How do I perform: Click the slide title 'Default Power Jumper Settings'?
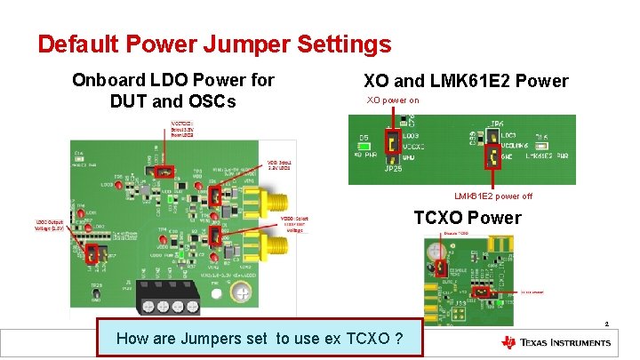[214, 44]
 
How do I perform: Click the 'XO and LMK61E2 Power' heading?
[466, 81]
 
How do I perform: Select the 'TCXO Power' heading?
[468, 218]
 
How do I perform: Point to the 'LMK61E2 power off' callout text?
[493, 196]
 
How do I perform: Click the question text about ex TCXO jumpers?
[260, 338]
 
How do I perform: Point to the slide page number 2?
[605, 324]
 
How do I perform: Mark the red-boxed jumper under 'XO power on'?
[391, 141]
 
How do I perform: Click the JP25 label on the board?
[393, 167]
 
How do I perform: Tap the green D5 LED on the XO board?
[364, 147]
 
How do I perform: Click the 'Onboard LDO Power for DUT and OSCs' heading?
[173, 91]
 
